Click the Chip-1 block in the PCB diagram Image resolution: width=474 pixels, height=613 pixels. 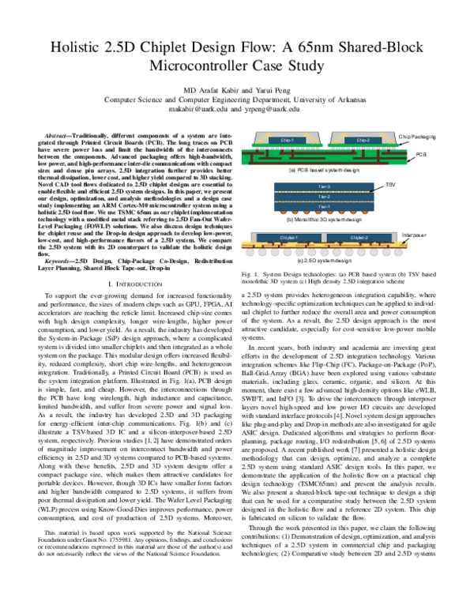click(x=287, y=141)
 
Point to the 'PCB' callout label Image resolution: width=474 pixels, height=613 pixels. click(x=421, y=154)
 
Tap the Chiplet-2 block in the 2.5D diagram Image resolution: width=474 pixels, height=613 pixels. click(x=359, y=237)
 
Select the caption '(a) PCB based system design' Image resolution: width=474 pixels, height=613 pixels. click(x=324, y=170)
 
